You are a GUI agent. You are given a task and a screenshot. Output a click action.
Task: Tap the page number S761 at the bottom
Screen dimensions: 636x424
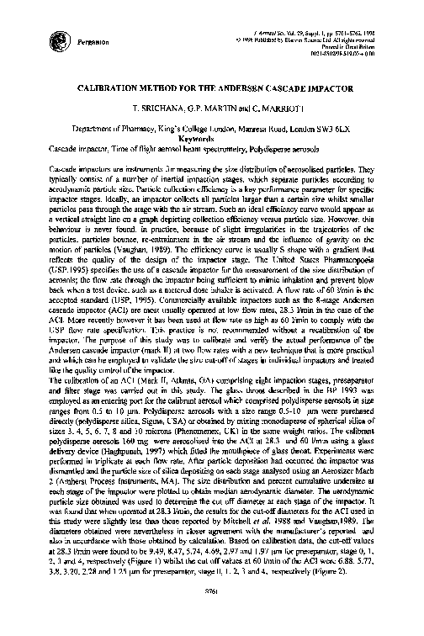[211, 620]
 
